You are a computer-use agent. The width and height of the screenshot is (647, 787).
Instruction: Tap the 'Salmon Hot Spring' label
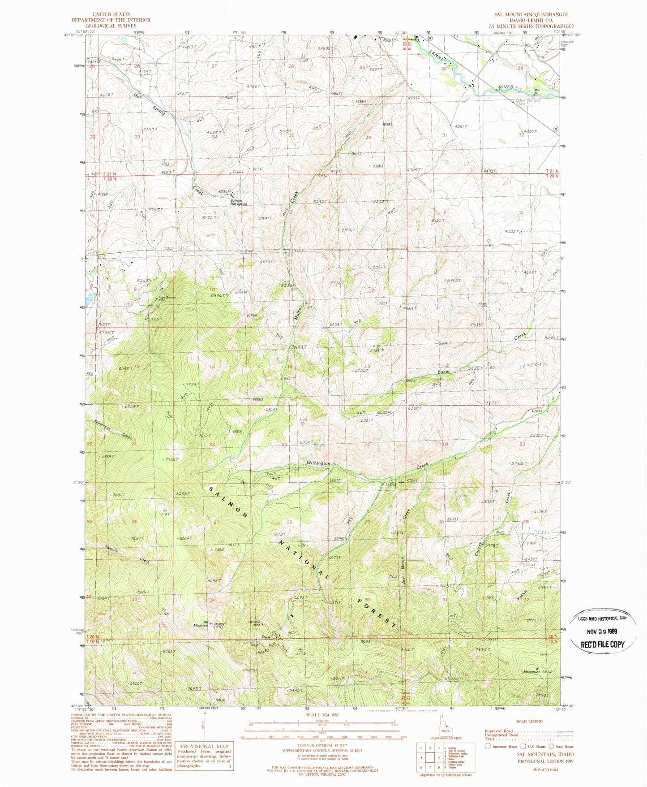point(239,202)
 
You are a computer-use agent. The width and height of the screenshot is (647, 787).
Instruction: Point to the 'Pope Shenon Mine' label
point(164,299)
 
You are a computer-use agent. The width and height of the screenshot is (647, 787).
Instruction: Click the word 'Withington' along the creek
point(318,463)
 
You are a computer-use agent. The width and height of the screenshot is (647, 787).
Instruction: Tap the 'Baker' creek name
point(443,372)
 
